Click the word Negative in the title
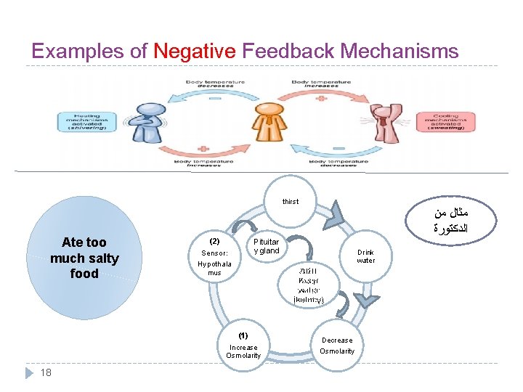click(195, 52)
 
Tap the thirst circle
click(290, 201)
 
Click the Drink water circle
click(365, 256)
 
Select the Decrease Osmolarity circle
click(337, 346)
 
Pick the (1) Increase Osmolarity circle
click(243, 346)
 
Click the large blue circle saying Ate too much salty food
click(84, 258)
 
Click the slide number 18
click(46, 372)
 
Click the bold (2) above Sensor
click(214, 240)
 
